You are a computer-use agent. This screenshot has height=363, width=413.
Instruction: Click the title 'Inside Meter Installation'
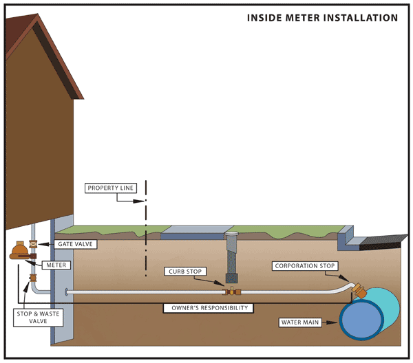point(322,17)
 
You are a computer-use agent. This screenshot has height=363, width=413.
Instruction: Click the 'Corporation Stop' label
point(305,265)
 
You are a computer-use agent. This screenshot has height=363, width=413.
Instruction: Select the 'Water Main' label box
point(304,322)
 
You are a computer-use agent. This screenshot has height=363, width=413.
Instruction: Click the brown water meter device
point(21,251)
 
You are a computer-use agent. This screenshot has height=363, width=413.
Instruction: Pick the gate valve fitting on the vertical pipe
point(33,244)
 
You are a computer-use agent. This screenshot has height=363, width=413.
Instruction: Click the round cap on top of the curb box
point(232,234)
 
